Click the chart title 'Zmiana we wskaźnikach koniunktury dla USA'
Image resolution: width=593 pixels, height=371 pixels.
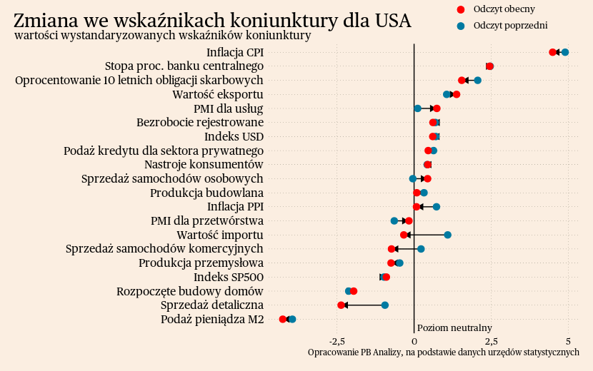212,21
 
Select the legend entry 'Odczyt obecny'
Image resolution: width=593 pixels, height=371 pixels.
504,9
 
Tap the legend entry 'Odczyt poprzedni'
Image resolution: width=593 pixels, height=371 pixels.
510,26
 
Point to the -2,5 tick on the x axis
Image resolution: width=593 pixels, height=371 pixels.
339,341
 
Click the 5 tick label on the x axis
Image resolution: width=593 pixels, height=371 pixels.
568,341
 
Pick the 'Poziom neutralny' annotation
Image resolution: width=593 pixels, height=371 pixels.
454,328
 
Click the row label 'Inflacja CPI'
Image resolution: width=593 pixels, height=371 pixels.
234,53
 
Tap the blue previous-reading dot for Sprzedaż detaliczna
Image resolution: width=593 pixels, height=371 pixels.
385,305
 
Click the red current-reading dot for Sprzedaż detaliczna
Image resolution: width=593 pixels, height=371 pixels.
341,305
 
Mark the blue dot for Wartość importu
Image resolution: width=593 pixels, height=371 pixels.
447,235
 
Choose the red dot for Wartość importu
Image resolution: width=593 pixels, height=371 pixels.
404,235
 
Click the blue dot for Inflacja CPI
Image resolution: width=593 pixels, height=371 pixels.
565,52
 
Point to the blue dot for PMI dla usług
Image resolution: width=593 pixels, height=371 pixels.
417,108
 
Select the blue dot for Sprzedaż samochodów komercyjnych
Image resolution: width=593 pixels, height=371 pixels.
421,249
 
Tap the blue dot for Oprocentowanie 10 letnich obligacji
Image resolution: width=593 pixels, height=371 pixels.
477,80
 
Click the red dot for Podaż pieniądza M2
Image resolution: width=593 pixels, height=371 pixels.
283,320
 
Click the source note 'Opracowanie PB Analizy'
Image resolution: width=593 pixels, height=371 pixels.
443,352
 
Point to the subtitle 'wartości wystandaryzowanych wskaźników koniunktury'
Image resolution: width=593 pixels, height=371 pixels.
162,36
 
